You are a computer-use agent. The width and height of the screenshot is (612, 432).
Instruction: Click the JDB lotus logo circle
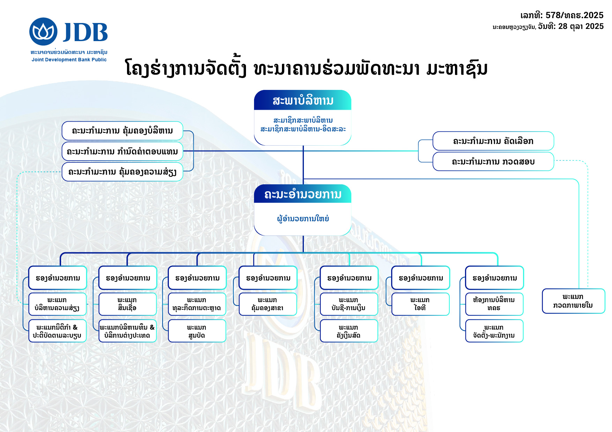click(x=43, y=32)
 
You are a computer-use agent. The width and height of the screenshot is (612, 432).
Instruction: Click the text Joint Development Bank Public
click(x=69, y=60)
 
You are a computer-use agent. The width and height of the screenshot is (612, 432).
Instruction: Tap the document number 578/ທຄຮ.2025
click(x=574, y=15)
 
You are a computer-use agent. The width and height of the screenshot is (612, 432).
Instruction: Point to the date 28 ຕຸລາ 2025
click(x=581, y=26)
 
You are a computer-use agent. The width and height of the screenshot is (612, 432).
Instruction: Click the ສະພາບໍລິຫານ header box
click(x=303, y=101)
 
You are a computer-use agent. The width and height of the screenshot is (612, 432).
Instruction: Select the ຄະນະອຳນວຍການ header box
click(x=303, y=194)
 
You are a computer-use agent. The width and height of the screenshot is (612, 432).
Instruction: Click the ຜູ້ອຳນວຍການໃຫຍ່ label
click(x=303, y=219)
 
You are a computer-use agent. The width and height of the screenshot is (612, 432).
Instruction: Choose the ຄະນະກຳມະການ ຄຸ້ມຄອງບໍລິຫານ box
click(x=122, y=131)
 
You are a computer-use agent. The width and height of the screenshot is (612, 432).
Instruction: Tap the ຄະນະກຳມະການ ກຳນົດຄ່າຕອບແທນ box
click(x=122, y=152)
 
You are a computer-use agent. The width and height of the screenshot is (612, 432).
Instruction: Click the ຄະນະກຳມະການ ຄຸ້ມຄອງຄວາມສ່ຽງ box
click(x=122, y=172)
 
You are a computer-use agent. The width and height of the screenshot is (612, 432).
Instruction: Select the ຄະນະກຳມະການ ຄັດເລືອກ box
click(x=493, y=141)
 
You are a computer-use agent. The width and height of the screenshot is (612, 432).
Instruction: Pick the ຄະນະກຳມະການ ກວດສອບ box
click(x=493, y=162)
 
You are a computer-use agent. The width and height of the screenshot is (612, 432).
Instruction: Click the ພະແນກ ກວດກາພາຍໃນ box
click(x=573, y=301)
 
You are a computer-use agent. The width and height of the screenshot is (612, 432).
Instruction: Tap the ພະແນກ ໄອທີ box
click(x=420, y=304)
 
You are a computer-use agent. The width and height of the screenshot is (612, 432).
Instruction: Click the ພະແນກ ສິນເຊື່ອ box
click(x=127, y=304)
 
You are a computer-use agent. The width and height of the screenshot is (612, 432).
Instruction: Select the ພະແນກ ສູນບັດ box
click(x=197, y=331)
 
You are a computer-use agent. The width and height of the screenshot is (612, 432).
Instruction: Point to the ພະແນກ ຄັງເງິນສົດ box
click(x=349, y=331)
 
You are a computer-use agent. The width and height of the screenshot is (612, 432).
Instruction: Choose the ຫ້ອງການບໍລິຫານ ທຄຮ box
click(x=494, y=304)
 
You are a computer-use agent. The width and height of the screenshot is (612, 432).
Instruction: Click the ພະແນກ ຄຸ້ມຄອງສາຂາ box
click(x=268, y=304)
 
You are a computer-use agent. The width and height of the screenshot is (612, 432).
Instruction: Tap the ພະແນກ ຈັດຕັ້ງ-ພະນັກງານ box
click(x=494, y=331)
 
